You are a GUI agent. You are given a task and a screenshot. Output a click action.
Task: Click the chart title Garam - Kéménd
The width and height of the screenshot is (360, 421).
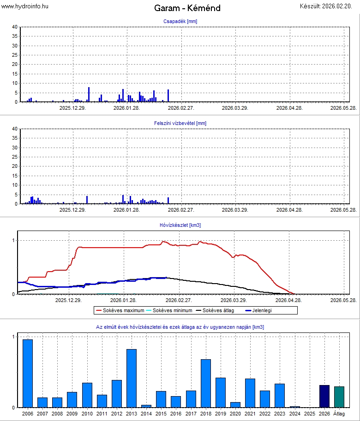coord(187,8)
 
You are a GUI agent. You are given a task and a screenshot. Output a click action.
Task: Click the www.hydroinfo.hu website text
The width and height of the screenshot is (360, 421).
coord(25,6)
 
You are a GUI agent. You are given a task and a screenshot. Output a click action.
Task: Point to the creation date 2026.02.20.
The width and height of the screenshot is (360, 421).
coord(328,6)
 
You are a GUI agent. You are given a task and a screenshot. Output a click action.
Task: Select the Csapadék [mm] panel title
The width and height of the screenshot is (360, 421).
coord(180,21)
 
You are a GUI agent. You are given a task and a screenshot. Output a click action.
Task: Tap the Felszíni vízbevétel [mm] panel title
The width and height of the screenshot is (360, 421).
coord(180,123)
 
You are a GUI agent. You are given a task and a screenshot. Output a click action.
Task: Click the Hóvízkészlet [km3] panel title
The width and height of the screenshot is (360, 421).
coord(180,225)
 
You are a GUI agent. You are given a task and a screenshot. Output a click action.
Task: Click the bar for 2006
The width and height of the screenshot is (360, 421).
coord(28,374)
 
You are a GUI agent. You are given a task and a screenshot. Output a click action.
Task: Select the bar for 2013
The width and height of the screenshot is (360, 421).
coord(132,378)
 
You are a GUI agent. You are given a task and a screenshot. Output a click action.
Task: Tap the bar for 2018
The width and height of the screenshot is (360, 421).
coord(206,383)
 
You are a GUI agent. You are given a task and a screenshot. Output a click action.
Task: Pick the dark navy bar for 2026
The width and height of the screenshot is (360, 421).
coord(324,396)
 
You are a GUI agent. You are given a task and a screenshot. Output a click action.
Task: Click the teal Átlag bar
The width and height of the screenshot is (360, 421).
coord(339,397)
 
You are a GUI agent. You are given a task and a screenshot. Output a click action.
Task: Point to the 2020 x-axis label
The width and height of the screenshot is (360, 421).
coord(235,414)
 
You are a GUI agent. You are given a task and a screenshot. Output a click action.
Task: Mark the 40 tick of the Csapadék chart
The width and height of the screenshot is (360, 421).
coord(15,27)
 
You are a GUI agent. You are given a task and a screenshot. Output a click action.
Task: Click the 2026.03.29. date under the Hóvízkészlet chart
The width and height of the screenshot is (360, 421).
coord(235,300)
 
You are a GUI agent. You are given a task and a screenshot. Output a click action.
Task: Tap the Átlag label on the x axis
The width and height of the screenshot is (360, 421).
coord(339,414)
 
